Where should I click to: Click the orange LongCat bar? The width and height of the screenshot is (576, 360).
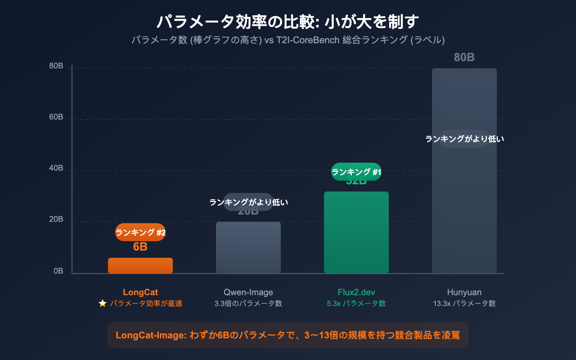pos(140,266)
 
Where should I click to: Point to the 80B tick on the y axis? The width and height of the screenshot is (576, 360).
pos(56,66)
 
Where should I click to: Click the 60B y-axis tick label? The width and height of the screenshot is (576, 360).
pos(56,117)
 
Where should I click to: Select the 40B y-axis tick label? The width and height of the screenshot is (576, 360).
pos(56,168)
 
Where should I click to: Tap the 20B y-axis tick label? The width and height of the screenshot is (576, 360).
pos(56,219)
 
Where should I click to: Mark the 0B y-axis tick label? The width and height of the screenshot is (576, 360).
pos(58,271)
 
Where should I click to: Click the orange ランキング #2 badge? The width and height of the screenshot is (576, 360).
pos(140,232)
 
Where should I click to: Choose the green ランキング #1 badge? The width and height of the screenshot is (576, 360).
pos(356,172)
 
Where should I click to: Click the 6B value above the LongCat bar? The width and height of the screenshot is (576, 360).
pos(140,247)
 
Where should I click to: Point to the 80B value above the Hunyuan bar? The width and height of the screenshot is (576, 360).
pos(464,57)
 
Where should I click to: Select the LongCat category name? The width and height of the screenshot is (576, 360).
pos(140,292)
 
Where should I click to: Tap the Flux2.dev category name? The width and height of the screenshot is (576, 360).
pos(356,292)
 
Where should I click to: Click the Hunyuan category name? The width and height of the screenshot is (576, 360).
pos(464,292)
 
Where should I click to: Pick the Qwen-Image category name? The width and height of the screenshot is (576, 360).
pos(248,292)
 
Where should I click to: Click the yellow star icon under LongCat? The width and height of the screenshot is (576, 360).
pos(103,303)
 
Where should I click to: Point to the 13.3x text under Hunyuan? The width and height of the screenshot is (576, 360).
pos(442,303)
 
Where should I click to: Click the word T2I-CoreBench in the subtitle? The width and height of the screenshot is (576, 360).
pos(308,40)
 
